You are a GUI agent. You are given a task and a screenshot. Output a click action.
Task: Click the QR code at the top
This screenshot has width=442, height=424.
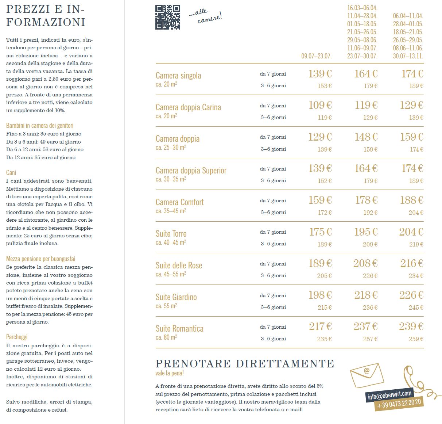pos(168,17)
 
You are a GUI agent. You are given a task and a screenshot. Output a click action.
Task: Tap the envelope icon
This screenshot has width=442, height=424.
pos(367,376)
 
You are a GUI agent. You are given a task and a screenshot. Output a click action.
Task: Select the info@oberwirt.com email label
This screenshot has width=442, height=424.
pos(389,395)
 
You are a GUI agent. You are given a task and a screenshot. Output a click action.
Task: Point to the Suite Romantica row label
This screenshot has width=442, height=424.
pos(179,328)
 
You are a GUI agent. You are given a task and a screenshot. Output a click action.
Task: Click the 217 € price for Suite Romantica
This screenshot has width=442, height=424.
pos(320,326)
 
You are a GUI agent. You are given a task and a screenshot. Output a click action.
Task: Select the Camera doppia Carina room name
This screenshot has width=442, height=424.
pos(188,107)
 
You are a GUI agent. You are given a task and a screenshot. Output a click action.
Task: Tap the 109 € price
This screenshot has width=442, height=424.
pos(320,105)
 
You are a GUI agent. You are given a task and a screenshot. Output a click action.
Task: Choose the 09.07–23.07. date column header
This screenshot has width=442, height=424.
pos(316,56)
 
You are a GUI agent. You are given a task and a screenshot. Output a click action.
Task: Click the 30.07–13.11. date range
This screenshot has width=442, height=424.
pos(408,56)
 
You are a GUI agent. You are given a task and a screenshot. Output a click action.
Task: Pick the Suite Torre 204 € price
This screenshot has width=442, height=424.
pos(411,232)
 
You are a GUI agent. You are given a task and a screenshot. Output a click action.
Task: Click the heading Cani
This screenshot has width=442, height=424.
pos(11,172)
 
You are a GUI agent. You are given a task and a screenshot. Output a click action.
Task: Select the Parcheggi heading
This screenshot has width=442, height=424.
pos(17,337)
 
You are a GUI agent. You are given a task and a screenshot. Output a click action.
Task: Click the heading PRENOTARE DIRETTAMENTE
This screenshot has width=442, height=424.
pos(245,364)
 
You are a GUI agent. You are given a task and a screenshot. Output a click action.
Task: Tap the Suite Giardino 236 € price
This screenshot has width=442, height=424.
pos(370,308)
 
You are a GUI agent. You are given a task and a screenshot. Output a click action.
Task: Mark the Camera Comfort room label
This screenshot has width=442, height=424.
pos(179,202)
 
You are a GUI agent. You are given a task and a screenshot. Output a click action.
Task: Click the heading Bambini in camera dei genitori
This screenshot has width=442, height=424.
pos(40,125)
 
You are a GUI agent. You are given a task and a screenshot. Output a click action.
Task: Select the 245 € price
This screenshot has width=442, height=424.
pos(416,308)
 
